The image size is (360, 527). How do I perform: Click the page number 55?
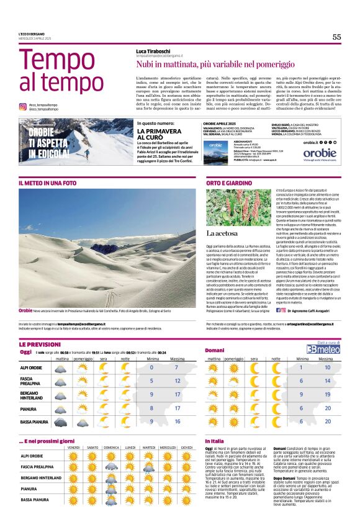(336, 37)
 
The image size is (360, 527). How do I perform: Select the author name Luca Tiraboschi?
(158, 50)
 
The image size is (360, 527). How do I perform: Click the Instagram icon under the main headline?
(22, 106)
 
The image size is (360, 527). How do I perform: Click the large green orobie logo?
(320, 153)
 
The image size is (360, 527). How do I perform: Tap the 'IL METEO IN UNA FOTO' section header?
(48, 184)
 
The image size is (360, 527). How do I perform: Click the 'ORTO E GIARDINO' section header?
(230, 184)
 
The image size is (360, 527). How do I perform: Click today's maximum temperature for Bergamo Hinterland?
(178, 395)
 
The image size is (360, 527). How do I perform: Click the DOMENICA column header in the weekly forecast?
(111, 447)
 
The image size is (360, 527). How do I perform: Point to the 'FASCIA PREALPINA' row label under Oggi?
(32, 380)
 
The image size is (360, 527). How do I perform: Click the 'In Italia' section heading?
(215, 440)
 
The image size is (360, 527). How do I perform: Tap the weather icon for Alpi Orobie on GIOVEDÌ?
(186, 456)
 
